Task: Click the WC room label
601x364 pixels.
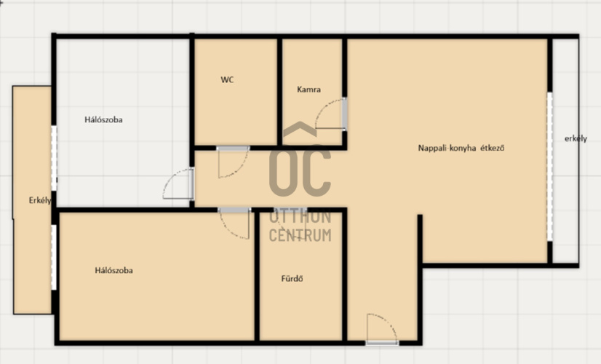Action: point(227,80)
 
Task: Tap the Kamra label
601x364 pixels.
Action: point(309,90)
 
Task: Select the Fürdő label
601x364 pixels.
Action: point(292,279)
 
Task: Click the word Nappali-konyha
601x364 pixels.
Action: point(447,148)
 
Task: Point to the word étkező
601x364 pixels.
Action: point(493,148)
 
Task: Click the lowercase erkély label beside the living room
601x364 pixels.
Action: point(576,138)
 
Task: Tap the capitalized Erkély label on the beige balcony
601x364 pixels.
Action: point(40,200)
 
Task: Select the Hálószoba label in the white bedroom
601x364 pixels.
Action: point(103,119)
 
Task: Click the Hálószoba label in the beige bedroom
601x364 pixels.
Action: point(114,270)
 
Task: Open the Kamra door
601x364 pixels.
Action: point(330,114)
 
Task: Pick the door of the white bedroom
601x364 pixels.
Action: point(178,183)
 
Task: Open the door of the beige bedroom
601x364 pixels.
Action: point(234,223)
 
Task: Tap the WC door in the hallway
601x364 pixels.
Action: point(233,162)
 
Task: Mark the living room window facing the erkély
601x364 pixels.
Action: point(549,167)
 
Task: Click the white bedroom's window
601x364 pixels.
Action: point(54,158)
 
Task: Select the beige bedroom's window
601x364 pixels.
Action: point(54,258)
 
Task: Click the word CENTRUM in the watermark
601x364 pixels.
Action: point(300,234)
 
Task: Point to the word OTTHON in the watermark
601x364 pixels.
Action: point(300,216)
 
